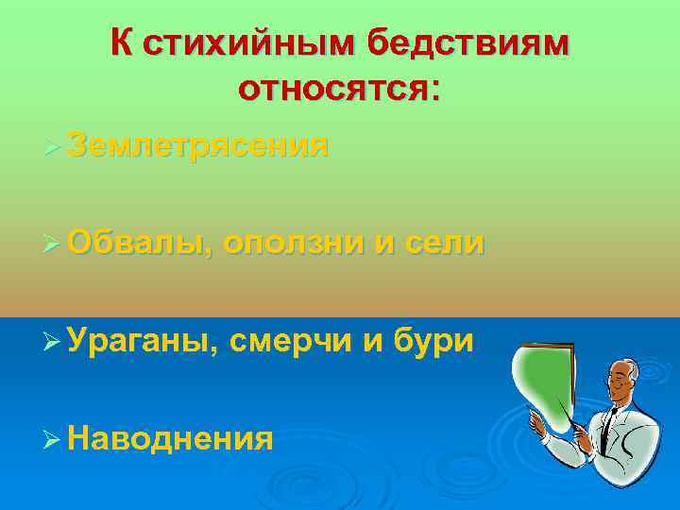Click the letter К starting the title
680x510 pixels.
(121, 43)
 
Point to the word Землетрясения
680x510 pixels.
(199, 146)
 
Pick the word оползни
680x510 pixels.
(297, 243)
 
